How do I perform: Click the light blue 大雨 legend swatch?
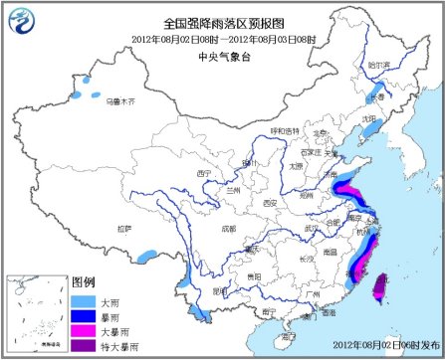84,299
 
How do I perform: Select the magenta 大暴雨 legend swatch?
84,330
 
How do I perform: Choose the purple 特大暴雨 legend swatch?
84,345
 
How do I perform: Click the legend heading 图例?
84,282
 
